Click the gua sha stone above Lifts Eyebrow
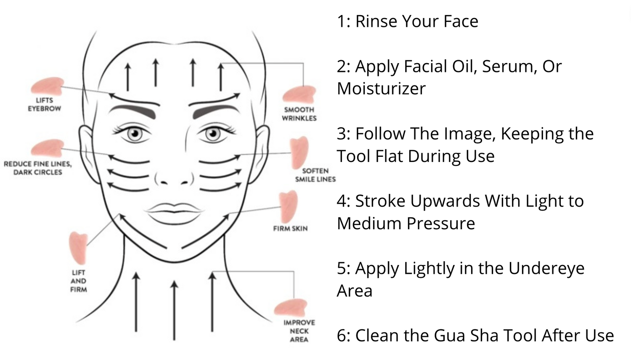coord(47,86)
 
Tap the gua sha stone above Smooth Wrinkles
coord(299,94)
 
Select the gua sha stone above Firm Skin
coord(289,207)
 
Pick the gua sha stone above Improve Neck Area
coord(291,307)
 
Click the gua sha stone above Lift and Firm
coord(78,249)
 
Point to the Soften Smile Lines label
coord(315,175)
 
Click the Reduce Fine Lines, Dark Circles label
coord(38,168)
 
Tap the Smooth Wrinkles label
coord(299,114)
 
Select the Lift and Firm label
coord(79,281)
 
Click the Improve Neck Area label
coord(299,331)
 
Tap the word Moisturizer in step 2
coord(381,88)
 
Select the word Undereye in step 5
coord(546,268)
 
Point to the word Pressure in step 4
coord(441,223)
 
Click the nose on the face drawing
coord(174,176)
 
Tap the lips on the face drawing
coord(175,213)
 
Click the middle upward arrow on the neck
coord(175,311)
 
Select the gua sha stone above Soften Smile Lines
coord(299,153)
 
